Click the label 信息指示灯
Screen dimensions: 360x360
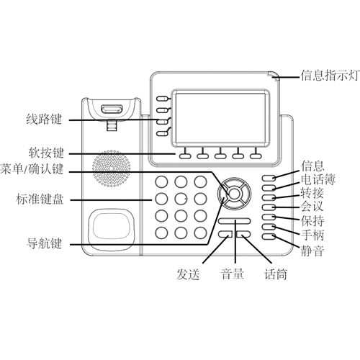click(330, 76)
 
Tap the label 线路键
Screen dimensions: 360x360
click(44, 119)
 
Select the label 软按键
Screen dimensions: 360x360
click(46, 153)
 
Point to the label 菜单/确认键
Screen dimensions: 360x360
click(32, 169)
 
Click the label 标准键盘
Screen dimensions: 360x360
click(40, 199)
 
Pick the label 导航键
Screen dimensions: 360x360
click(44, 243)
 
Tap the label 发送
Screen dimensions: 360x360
click(188, 274)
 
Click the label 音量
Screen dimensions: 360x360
click(232, 274)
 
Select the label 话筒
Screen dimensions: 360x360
click(276, 274)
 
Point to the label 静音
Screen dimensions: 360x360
click(312, 250)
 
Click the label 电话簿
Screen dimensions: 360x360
click(318, 179)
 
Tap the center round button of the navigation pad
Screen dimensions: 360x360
click(235, 194)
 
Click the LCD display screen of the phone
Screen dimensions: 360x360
click(220, 118)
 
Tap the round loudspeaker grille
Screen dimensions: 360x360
click(112, 168)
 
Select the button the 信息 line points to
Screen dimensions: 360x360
click(269, 178)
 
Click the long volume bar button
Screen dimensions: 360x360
click(235, 221)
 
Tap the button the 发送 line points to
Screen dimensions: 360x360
click(225, 234)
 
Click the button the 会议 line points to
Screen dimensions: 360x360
click(269, 207)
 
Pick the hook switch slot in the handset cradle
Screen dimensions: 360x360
click(112, 109)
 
